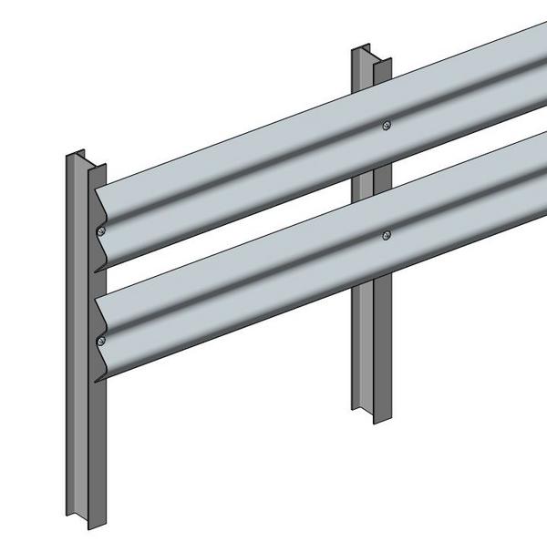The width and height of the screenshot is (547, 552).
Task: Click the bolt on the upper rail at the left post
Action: point(102,231)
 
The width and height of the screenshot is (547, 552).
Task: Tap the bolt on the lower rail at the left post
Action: point(101,341)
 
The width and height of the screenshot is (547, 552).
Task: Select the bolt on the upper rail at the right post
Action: point(387,126)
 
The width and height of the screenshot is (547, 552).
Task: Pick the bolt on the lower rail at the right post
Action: point(387,235)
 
